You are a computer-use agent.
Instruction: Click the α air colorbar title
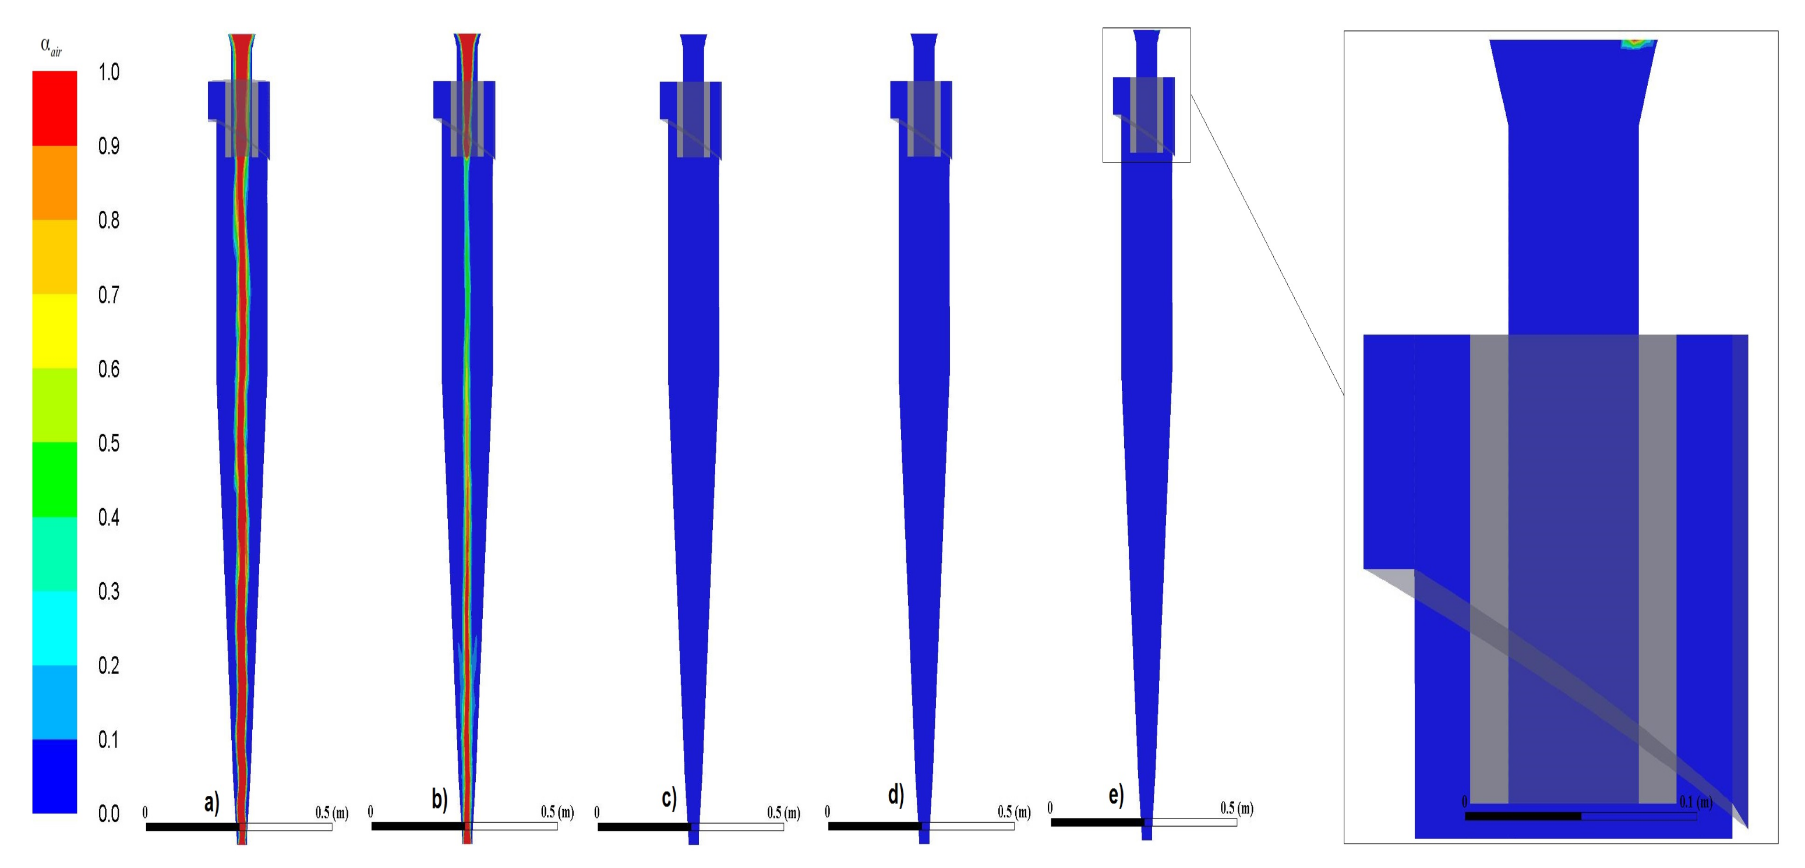tap(51, 47)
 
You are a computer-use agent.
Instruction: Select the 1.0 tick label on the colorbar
tap(108, 72)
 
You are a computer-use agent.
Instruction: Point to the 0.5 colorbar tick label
tap(108, 443)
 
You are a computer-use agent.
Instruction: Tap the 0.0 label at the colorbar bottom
tap(108, 813)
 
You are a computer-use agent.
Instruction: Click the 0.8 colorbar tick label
tap(108, 220)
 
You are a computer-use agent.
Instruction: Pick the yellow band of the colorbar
tap(55, 331)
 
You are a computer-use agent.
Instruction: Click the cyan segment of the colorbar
tap(55, 628)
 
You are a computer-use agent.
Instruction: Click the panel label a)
tap(211, 802)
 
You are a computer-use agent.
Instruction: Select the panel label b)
tap(439, 799)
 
